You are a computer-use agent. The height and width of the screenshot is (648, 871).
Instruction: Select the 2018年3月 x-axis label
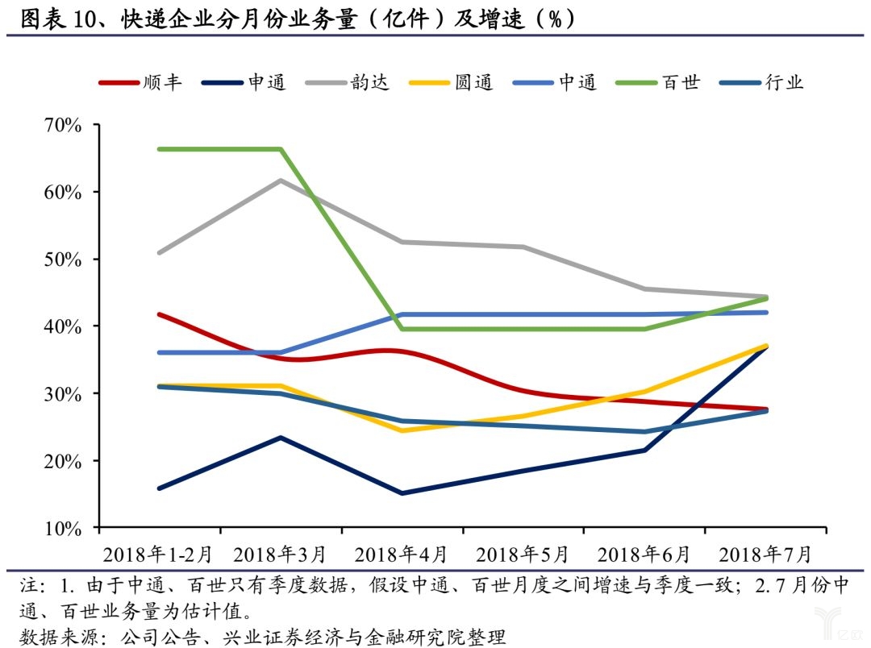click(280, 555)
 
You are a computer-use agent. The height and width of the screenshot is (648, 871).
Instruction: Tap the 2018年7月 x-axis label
click(765, 555)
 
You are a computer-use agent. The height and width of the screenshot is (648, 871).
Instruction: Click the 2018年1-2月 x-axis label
click(159, 555)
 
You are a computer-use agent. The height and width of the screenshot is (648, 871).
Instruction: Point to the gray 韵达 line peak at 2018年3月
click(281, 180)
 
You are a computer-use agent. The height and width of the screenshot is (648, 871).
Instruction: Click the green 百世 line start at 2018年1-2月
click(160, 149)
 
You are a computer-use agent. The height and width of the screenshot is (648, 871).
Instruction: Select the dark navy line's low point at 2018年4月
click(402, 493)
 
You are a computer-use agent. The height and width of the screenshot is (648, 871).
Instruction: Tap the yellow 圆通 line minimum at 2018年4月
click(402, 430)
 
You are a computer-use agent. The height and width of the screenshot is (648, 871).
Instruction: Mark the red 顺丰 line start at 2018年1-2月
click(160, 314)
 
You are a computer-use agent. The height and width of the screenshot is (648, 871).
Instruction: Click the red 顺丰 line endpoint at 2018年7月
click(765, 409)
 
